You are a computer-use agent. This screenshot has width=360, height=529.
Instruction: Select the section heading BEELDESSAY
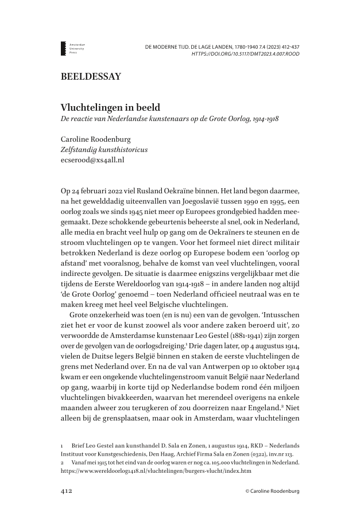click(91, 76)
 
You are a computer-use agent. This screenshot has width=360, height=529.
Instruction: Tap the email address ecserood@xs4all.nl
click(92, 161)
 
